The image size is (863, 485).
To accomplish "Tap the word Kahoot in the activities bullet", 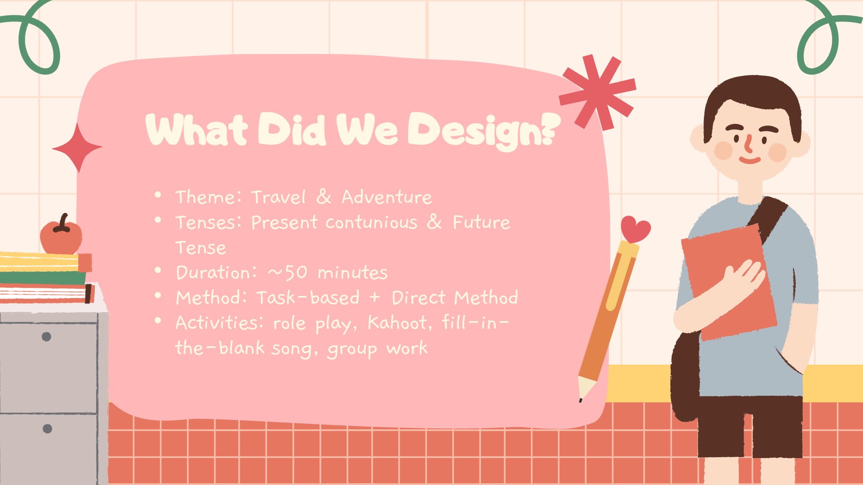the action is [x=397, y=322].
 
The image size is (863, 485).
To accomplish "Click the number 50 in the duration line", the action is [x=296, y=273].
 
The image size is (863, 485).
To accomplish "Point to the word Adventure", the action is [x=387, y=197].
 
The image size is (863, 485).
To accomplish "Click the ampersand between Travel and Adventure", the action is [x=324, y=197].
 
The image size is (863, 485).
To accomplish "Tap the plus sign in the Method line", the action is [x=375, y=298].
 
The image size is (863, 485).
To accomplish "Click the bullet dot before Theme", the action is [x=158, y=195].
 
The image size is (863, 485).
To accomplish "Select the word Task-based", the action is [x=308, y=297].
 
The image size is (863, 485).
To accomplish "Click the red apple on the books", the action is [x=61, y=236].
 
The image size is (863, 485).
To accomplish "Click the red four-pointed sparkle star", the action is [x=77, y=147].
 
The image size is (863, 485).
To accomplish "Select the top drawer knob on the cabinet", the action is [x=46, y=336].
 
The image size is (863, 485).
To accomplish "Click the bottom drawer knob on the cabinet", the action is [x=47, y=428].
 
